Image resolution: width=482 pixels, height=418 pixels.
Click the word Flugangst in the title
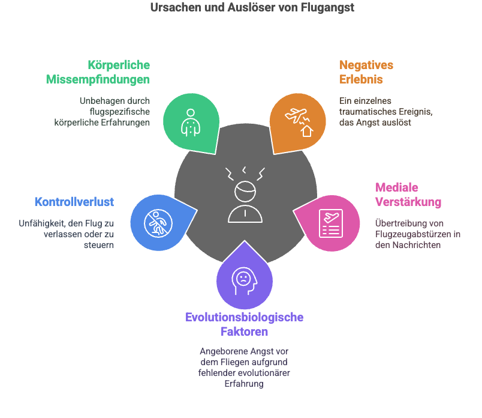tap(327, 8)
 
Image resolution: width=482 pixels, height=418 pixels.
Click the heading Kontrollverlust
tap(74, 202)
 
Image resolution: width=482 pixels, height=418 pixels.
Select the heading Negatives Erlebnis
tap(366, 72)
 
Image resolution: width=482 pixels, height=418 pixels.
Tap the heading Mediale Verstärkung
tap(408, 195)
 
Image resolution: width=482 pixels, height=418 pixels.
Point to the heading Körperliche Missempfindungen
tap(98, 72)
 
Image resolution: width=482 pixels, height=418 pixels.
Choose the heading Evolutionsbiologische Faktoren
tap(244, 324)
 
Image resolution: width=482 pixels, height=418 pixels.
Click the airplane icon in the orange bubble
tap(297, 115)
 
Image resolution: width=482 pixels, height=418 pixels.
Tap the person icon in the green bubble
tap(191, 123)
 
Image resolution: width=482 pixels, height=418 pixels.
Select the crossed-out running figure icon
tap(158, 223)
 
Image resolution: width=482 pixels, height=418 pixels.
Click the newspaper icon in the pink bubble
tap(331, 223)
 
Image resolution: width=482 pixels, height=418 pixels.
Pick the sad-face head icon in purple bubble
tap(245, 281)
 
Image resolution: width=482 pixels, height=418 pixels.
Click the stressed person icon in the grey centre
tap(245, 195)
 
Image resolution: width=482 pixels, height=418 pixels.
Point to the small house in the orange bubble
tap(307, 131)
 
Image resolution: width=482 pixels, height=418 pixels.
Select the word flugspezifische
tap(119, 112)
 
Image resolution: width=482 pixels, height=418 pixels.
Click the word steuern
tap(99, 245)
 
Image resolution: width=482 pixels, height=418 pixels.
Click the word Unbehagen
tap(98, 101)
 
